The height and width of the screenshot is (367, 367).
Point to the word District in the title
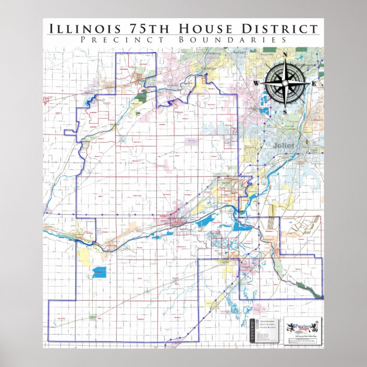275,29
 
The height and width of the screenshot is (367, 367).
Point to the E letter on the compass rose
314,83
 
